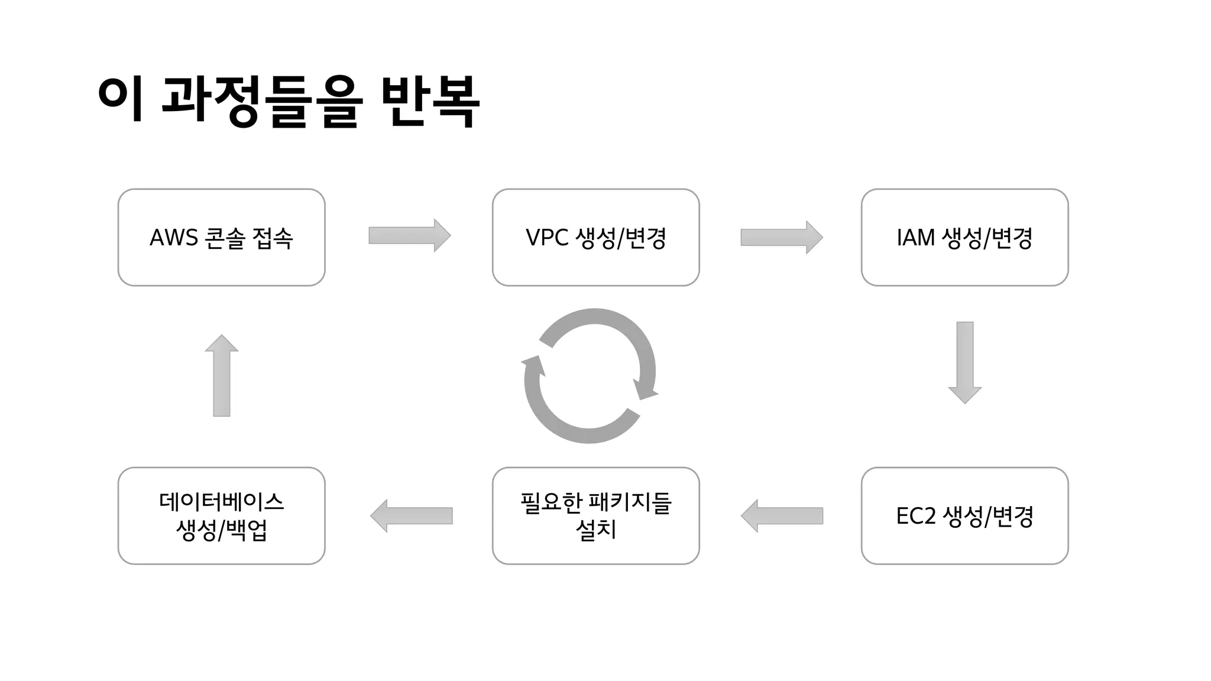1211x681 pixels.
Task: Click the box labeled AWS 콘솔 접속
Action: click(x=221, y=238)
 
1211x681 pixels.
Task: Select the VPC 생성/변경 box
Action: click(x=595, y=238)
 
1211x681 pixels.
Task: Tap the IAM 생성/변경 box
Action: click(x=964, y=238)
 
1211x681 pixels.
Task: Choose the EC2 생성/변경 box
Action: click(x=964, y=515)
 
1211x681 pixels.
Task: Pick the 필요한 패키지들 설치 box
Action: click(x=595, y=515)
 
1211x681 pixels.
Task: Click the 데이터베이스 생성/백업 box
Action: click(x=221, y=515)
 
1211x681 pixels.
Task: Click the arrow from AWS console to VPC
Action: click(x=409, y=235)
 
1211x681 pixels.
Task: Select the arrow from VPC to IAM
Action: click(x=781, y=238)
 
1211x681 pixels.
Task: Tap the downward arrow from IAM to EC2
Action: click(x=964, y=362)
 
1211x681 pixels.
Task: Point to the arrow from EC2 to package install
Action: click(x=781, y=515)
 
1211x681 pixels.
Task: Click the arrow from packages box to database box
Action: click(x=412, y=515)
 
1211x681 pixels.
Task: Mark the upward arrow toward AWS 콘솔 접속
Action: click(x=221, y=375)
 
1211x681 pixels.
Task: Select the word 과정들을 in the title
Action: click(x=260, y=102)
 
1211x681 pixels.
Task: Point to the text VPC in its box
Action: click(x=546, y=238)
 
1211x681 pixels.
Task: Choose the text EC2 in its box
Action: click(x=916, y=516)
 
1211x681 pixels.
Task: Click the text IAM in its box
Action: click(x=915, y=238)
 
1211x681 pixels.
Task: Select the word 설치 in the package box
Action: click(x=595, y=530)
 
